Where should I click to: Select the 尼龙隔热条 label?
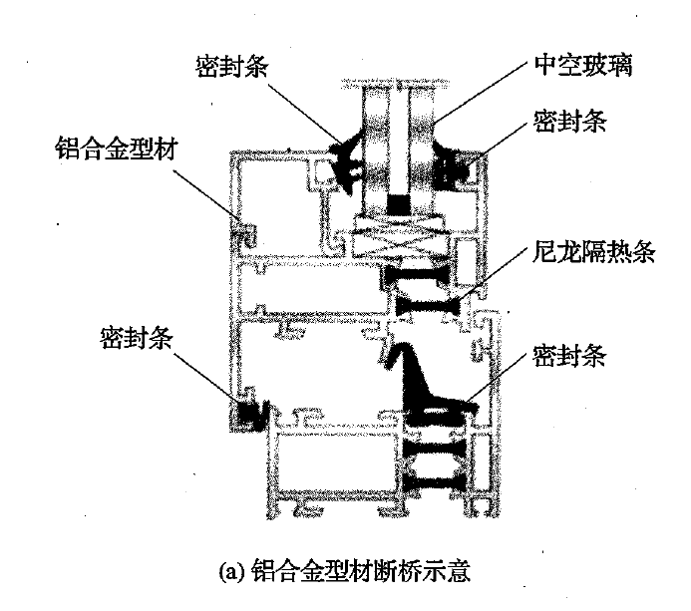[x=592, y=252]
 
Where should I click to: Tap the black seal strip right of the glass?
[x=453, y=164]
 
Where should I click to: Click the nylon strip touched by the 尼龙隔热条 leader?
[x=429, y=298]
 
